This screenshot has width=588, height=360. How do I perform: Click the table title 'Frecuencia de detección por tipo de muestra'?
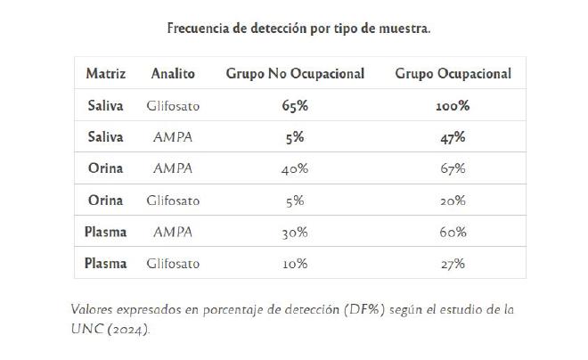click(x=299, y=28)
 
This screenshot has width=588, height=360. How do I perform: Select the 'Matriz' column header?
click(x=105, y=74)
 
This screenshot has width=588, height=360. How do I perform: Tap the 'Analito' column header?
click(x=173, y=74)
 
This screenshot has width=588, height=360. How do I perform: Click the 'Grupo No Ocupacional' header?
click(x=295, y=74)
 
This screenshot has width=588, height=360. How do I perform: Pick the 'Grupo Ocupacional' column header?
click(x=453, y=74)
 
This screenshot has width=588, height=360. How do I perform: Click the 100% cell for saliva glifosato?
click(x=453, y=106)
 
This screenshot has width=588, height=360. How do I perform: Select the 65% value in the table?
click(x=295, y=106)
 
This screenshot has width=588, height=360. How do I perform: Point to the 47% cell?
click(x=453, y=137)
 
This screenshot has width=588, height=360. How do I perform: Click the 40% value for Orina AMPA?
click(x=295, y=168)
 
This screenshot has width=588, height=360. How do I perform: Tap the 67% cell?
click(x=453, y=168)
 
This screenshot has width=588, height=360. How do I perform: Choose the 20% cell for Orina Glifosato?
click(x=453, y=200)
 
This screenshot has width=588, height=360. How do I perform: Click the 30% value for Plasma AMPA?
click(x=295, y=232)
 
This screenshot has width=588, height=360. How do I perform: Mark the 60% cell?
click(x=453, y=232)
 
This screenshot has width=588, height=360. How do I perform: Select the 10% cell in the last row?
click(x=295, y=264)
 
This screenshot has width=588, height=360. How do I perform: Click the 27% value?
click(x=453, y=264)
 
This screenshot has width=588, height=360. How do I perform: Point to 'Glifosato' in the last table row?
click(x=173, y=264)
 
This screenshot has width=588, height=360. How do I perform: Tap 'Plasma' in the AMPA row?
click(x=105, y=232)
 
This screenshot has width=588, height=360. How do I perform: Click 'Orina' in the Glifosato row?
click(x=105, y=200)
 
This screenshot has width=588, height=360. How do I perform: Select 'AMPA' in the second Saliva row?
click(x=173, y=137)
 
